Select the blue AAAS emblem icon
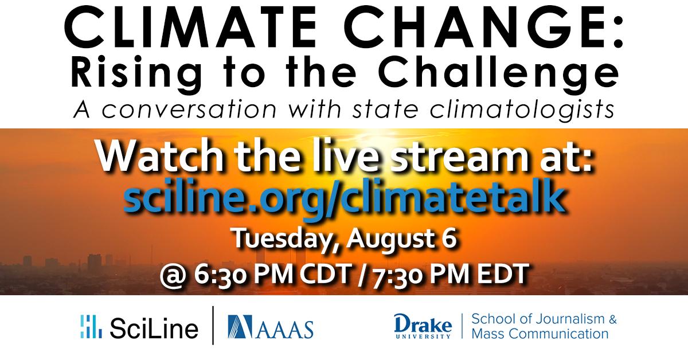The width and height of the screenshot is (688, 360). (x=240, y=327)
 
